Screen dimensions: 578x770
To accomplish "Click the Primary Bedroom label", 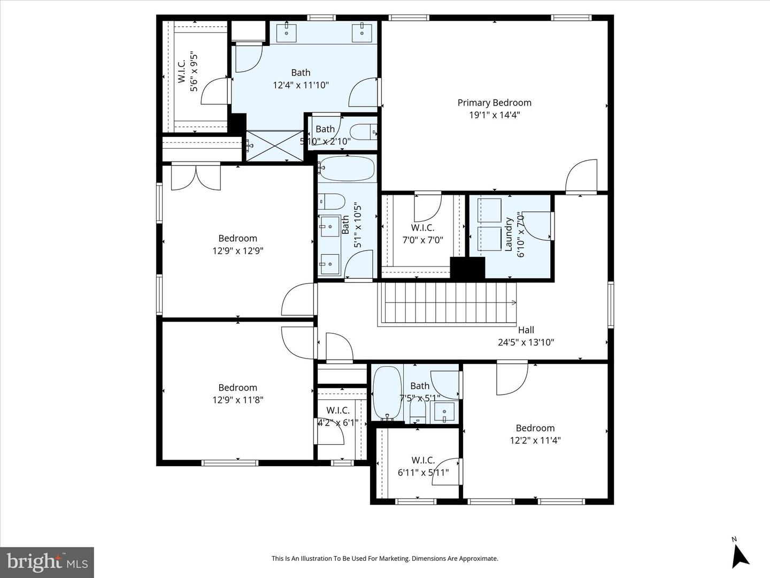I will [494, 103].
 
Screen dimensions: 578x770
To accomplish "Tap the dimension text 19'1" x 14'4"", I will [494, 115].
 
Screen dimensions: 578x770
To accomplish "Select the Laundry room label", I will [509, 234].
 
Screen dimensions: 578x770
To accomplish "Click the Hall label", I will [526, 330].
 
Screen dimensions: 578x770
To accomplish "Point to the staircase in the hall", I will [447, 303].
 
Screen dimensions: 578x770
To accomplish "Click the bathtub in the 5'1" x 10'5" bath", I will [347, 169].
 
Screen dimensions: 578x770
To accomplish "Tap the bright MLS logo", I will [47, 562].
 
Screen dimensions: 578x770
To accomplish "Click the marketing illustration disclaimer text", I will [384, 559].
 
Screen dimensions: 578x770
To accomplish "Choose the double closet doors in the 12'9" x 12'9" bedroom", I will [196, 177].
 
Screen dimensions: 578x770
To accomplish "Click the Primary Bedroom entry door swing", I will [582, 176].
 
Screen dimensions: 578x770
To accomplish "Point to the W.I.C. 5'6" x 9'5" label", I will [181, 71].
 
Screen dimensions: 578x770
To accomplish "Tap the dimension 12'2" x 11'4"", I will [535, 440].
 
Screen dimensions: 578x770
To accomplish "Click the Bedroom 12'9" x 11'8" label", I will [237, 387].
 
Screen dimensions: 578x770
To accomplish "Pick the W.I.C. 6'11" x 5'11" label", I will [423, 460].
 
